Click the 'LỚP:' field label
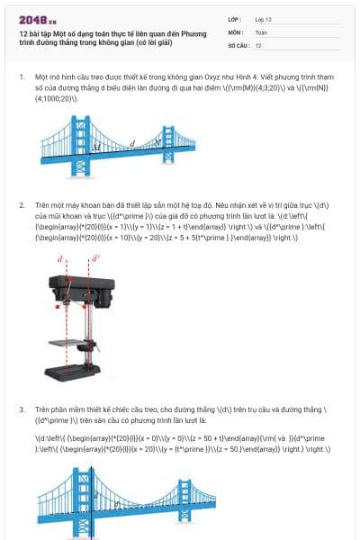(x=234, y=19)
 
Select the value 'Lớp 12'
(x=264, y=19)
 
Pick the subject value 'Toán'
(x=261, y=31)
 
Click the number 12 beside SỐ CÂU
(x=258, y=44)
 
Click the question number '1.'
(x=22, y=77)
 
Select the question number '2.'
(x=22, y=205)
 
